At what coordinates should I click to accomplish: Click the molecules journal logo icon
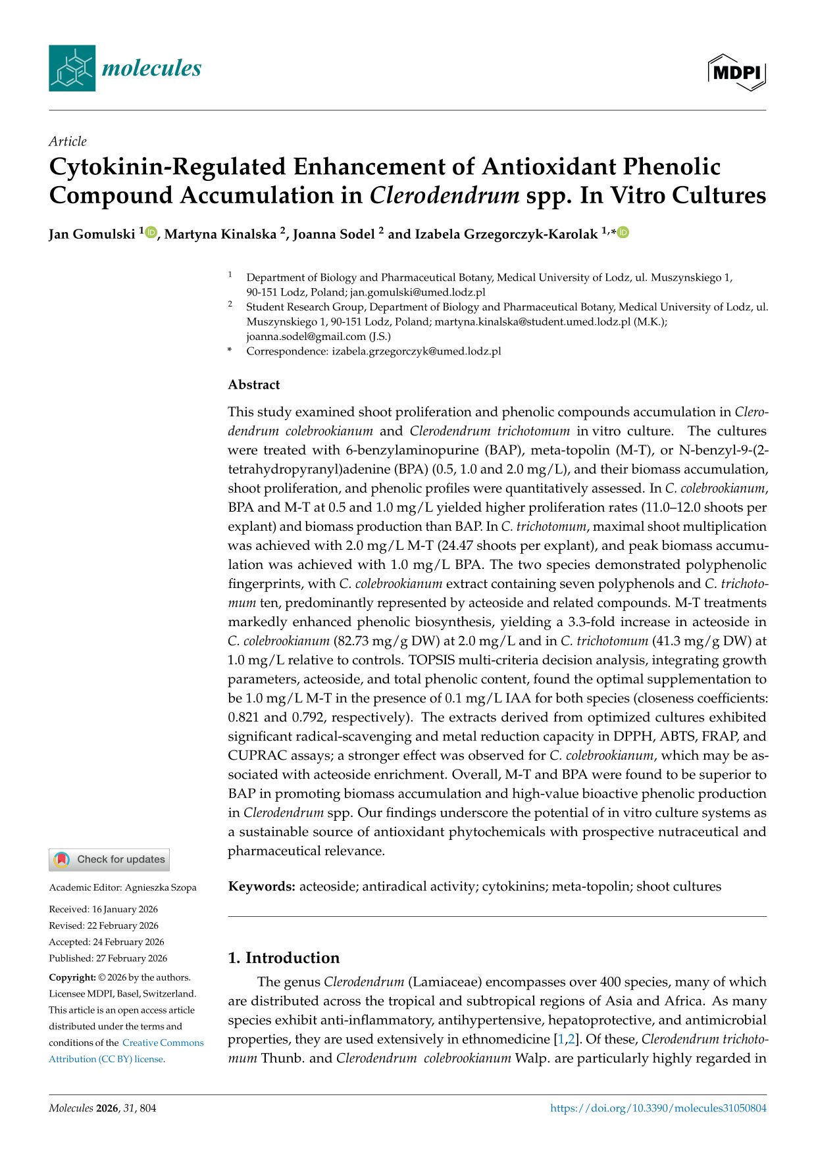coord(72,68)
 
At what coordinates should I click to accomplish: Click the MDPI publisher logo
coord(737,72)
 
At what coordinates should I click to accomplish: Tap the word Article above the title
coord(68,141)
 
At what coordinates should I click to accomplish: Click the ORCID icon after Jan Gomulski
coord(151,232)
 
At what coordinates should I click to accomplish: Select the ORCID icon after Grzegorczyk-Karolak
coord(623,232)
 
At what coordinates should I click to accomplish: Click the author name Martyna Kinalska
coord(220,234)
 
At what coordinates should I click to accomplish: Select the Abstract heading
coord(254,385)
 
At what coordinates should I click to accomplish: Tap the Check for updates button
coord(109,859)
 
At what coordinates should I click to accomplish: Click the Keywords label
coord(261,887)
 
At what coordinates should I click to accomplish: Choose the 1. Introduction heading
coord(284,958)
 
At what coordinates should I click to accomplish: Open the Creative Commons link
coord(163,1043)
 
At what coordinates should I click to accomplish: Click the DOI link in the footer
coord(658,1108)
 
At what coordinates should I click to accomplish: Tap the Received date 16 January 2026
coord(125,909)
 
